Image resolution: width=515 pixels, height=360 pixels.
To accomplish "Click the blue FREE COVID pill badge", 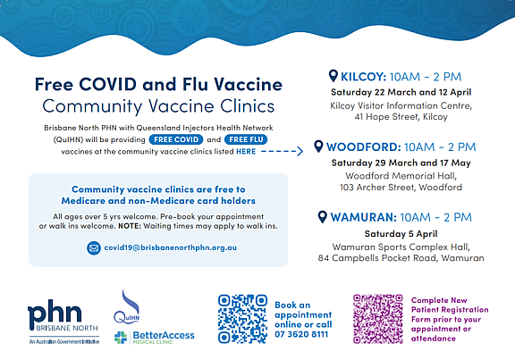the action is click(176, 139).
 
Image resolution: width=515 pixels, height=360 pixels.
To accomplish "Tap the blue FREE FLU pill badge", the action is click(246, 139).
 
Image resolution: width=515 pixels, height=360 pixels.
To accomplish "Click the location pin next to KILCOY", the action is click(333, 76).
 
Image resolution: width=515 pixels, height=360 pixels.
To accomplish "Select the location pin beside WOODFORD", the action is click(318, 146).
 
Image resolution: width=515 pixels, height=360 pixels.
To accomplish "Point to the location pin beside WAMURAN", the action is click(323, 216).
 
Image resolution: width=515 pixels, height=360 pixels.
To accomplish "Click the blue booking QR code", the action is click(242, 319).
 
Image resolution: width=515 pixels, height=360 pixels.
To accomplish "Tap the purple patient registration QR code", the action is click(378, 319).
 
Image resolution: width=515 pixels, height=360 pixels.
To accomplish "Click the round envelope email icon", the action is click(94, 247).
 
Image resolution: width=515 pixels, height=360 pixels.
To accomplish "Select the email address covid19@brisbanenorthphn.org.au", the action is click(171, 247).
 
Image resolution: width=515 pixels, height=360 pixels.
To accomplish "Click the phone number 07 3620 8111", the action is click(301, 334).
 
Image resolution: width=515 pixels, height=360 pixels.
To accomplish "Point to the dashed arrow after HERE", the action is click(282, 151).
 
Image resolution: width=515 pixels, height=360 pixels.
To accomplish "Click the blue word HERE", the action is click(246, 151).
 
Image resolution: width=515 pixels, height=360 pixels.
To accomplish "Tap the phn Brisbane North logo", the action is click(63, 322).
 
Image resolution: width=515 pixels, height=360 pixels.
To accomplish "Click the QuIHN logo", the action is click(127, 306).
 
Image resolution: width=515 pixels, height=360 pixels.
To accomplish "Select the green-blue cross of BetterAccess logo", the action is click(121, 338).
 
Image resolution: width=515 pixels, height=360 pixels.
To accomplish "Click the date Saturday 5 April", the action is click(401, 234).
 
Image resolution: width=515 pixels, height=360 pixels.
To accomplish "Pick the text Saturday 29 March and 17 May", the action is click(401, 163).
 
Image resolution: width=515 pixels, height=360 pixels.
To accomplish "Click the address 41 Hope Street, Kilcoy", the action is click(401, 117).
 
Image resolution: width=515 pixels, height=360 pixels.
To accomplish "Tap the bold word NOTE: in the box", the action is click(130, 226).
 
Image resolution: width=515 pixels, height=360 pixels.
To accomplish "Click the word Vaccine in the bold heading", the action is click(249, 84).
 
